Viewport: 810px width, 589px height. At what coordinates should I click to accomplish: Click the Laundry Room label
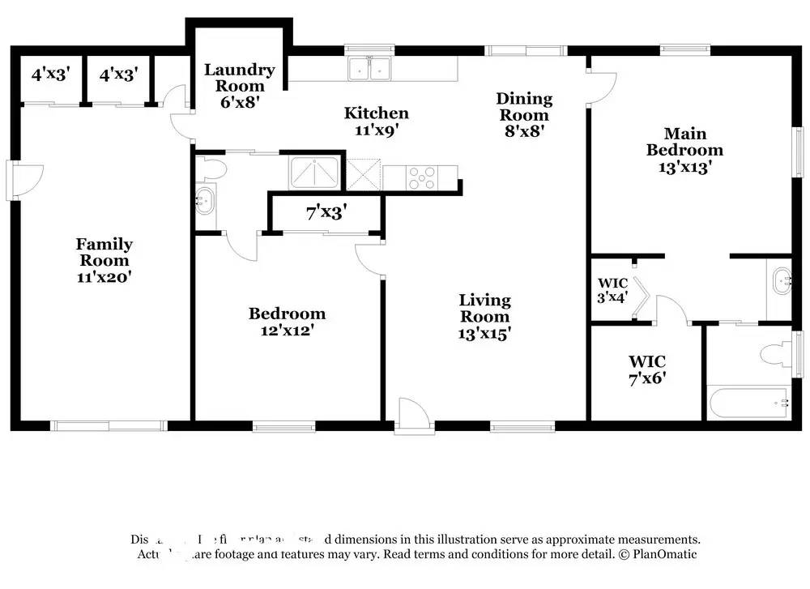[239, 79]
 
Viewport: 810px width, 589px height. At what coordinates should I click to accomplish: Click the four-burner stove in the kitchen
[422, 177]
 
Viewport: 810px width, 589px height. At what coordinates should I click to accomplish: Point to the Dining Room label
[524, 107]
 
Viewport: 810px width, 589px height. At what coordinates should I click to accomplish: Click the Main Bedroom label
[684, 142]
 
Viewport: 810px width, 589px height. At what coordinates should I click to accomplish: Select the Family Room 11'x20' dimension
[104, 276]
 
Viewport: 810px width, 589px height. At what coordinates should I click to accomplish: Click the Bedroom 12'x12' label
[287, 314]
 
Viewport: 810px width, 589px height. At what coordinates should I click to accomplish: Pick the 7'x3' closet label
[326, 213]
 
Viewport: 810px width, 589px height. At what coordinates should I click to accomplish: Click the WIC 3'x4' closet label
[613, 290]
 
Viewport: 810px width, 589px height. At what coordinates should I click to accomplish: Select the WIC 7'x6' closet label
[646, 369]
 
